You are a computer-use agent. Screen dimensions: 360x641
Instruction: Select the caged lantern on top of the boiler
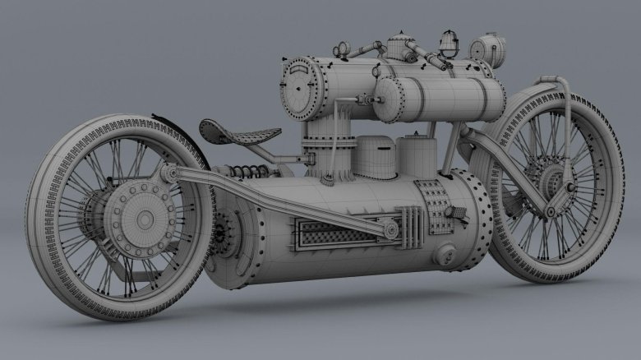pos(448,40)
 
